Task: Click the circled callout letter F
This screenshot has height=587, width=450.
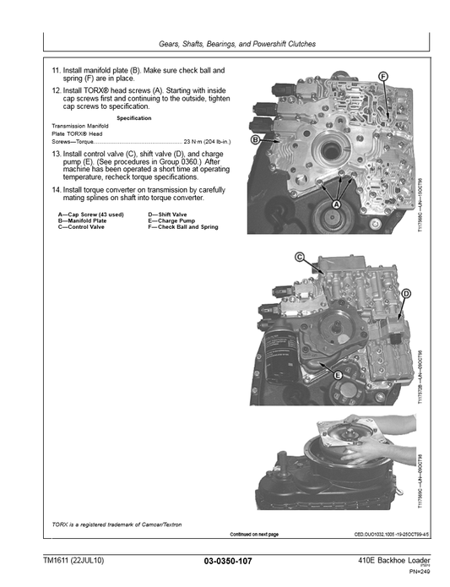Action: tap(383, 77)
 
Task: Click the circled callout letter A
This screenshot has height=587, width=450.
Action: tap(335, 205)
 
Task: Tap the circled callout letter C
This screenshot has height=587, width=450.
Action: tap(300, 257)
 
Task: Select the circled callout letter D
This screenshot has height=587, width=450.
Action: tap(406, 293)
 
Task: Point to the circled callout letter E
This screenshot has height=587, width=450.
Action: tap(338, 374)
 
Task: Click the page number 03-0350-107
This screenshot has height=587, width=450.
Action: tap(228, 561)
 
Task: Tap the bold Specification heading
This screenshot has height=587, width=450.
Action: tap(133, 117)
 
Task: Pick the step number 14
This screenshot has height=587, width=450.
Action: tap(57, 190)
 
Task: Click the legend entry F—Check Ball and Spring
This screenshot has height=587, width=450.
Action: tap(183, 227)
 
